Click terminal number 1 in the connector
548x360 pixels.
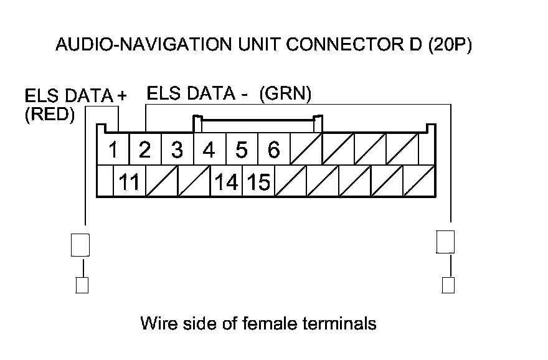(113, 149)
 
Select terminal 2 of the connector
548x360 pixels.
(144, 149)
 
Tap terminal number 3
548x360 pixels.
(177, 149)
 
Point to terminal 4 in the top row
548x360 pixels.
(209, 149)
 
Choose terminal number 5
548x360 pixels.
(241, 149)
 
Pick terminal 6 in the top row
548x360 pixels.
(273, 149)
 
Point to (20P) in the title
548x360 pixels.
(450, 45)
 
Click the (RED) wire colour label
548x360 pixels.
(50, 115)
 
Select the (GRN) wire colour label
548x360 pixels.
(285, 93)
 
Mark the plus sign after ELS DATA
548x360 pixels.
(122, 95)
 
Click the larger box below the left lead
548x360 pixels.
(80, 245)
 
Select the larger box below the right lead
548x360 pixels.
(445, 242)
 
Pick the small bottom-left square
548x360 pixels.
(82, 285)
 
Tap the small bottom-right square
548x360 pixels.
(448, 285)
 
